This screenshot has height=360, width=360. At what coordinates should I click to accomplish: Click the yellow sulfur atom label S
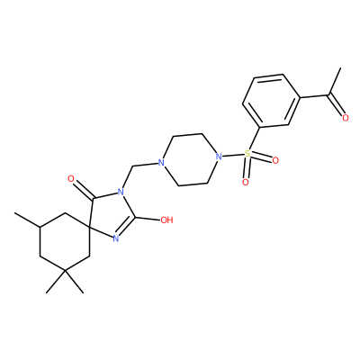[247, 154]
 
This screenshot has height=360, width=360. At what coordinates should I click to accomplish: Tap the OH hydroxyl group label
[166, 220]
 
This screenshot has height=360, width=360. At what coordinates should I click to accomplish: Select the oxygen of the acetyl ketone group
[346, 118]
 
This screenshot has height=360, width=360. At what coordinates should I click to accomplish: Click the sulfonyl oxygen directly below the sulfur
[246, 182]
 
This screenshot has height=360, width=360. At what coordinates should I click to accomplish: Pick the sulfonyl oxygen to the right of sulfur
[275, 161]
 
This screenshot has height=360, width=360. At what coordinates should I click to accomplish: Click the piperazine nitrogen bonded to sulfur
[219, 157]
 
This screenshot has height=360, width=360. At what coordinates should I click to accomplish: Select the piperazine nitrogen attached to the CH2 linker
[161, 163]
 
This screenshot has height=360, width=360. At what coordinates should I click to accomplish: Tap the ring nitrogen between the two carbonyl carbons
[121, 192]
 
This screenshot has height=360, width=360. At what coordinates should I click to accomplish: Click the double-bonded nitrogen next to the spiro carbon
[116, 238]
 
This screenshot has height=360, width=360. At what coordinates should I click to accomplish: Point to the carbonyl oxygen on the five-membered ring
[71, 179]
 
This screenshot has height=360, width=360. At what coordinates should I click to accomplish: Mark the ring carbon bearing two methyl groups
[66, 272]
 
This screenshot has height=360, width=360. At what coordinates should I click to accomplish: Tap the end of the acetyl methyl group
[340, 68]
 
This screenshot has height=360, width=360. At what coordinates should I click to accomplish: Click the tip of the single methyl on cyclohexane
[15, 213]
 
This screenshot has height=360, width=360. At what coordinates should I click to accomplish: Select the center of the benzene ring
[271, 101]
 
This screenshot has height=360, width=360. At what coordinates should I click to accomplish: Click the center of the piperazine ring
[190, 160]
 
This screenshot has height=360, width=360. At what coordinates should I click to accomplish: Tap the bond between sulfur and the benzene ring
[253, 139]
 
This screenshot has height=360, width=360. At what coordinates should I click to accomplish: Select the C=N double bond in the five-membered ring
[125, 227]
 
